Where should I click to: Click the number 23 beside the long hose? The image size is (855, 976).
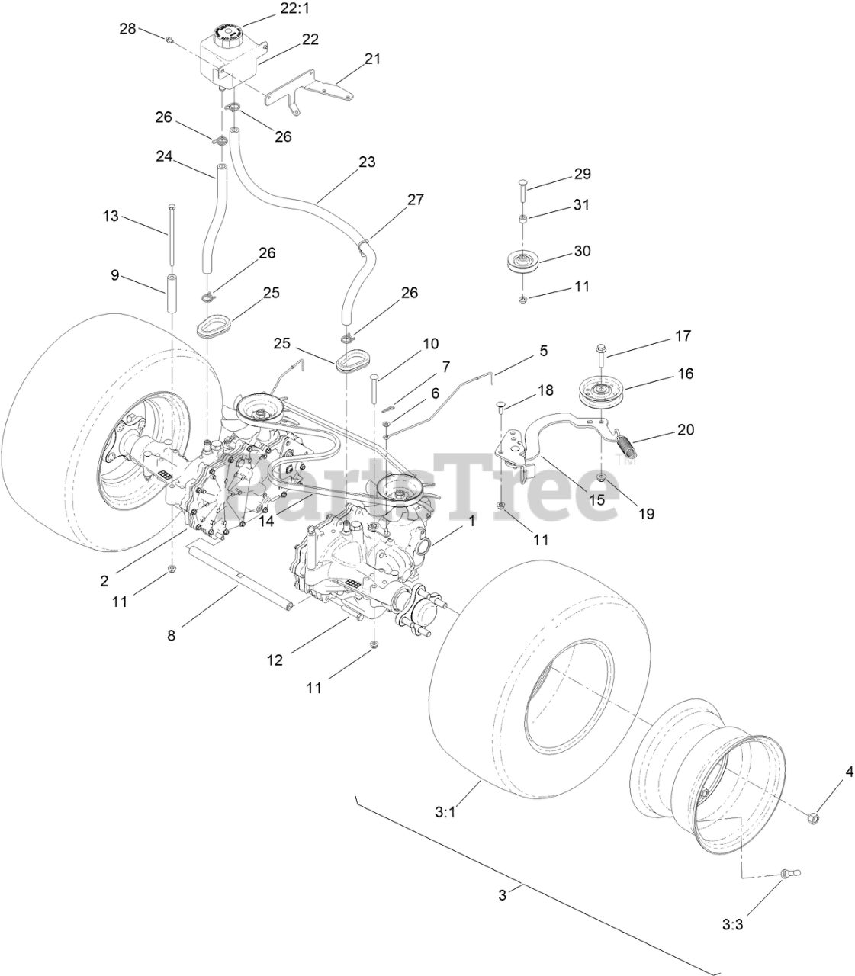[x=367, y=162]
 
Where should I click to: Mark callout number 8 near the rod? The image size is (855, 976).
[x=171, y=634]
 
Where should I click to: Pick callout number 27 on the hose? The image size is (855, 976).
[x=415, y=200]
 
